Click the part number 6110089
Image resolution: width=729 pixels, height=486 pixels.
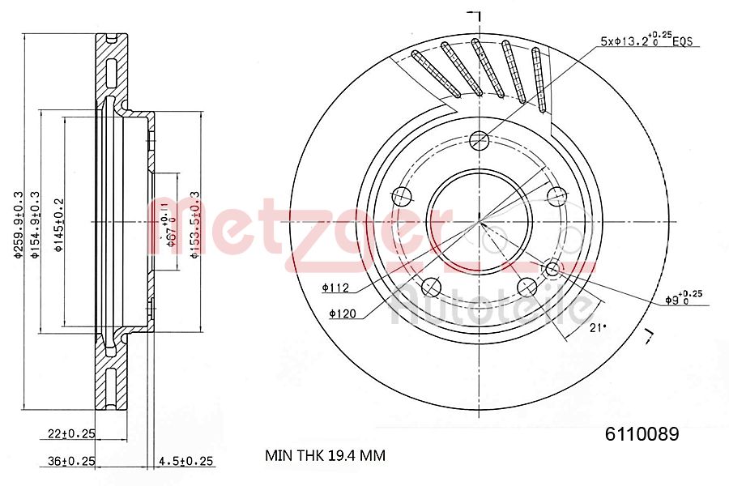[x=642, y=433]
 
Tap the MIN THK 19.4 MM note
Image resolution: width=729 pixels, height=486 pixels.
[x=326, y=455]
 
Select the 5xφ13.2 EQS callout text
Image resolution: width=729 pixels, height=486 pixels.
[x=646, y=40]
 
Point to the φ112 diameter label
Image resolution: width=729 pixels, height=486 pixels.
[x=334, y=287]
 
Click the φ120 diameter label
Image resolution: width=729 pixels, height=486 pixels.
[x=342, y=313]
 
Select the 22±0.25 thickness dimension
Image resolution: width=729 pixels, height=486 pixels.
[x=70, y=434]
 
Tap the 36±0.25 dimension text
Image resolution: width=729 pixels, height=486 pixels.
[x=70, y=461]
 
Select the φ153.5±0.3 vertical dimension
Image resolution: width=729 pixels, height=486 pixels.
[x=194, y=225]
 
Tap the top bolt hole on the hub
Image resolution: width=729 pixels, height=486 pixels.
[x=479, y=139]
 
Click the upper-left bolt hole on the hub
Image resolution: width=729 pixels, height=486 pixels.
[x=400, y=195]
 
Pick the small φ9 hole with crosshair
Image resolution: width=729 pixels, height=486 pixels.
[x=552, y=268]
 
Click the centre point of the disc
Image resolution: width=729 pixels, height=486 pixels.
[x=479, y=223]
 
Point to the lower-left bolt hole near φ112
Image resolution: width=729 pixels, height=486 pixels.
[x=431, y=287]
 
